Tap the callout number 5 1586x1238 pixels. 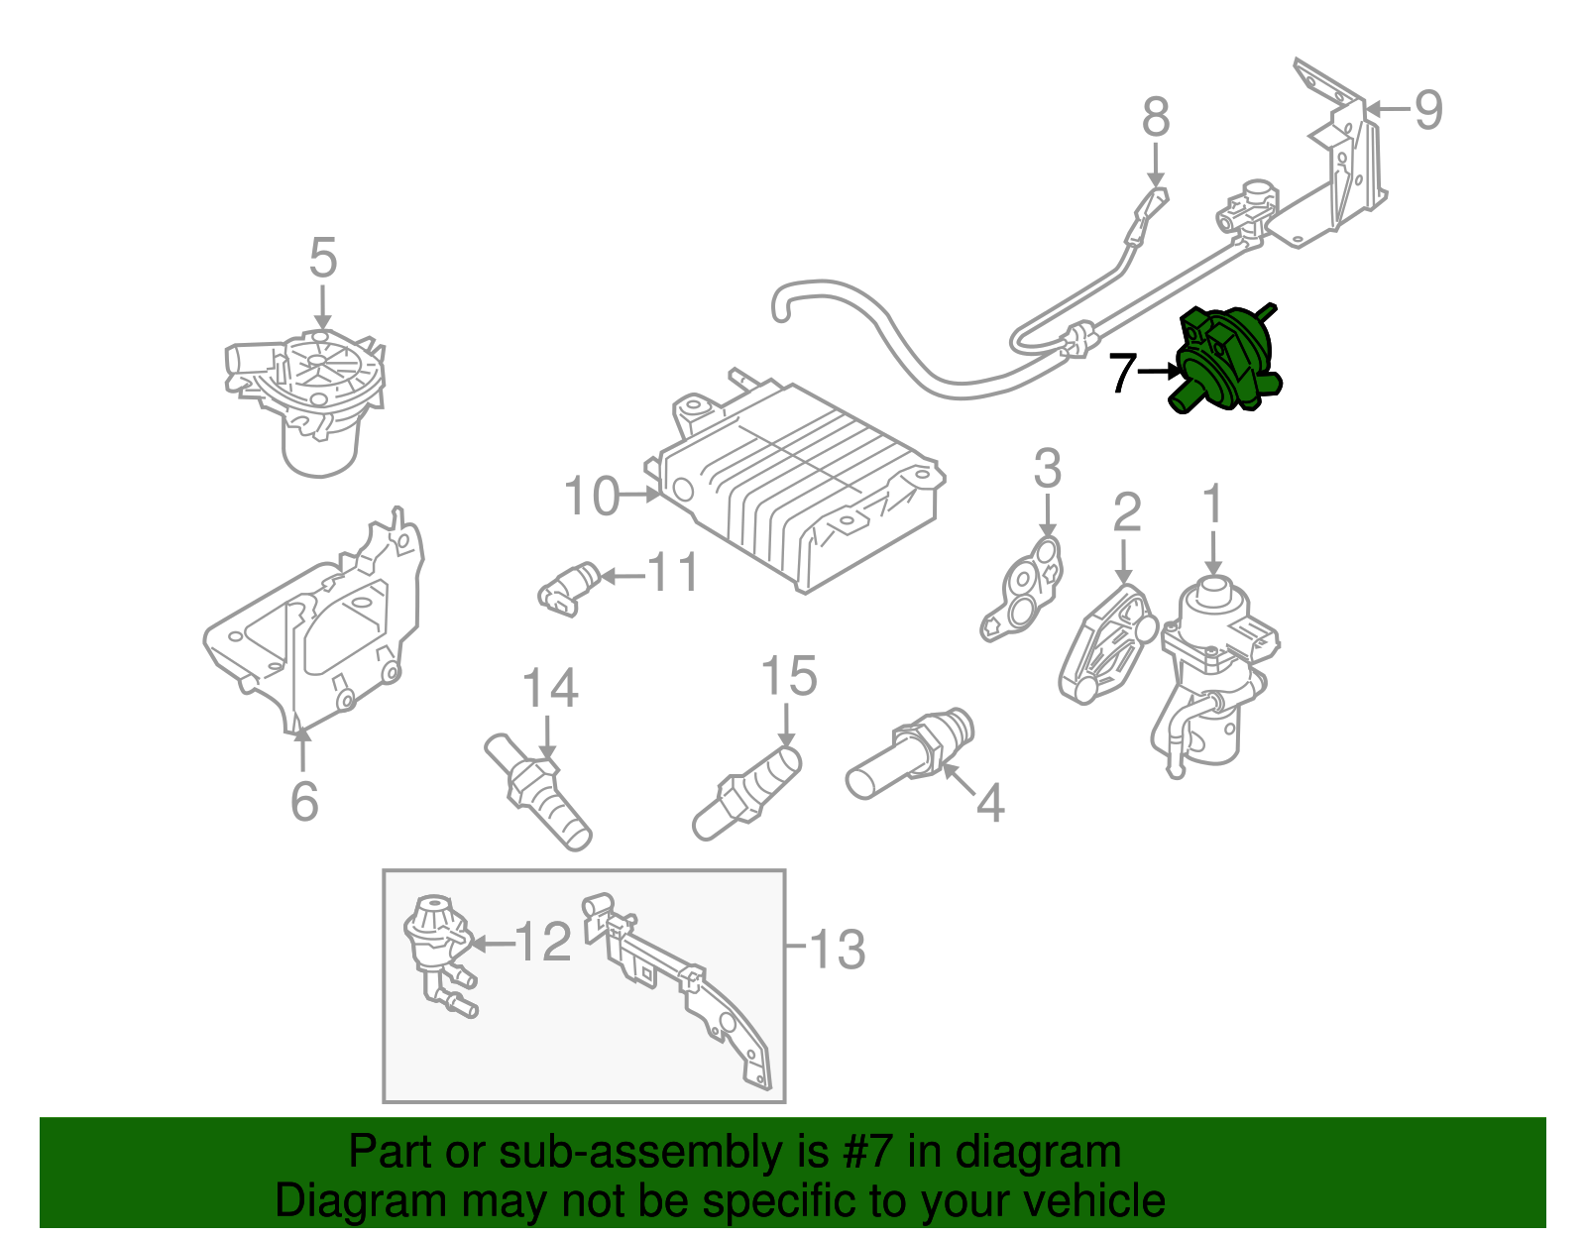[x=323, y=259]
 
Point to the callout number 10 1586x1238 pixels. [x=592, y=496]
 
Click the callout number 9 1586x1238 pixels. [x=1427, y=109]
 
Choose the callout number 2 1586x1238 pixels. [x=1127, y=512]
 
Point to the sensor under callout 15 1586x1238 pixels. [x=748, y=793]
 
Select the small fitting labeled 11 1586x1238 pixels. [x=568, y=587]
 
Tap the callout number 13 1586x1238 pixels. [x=838, y=949]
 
